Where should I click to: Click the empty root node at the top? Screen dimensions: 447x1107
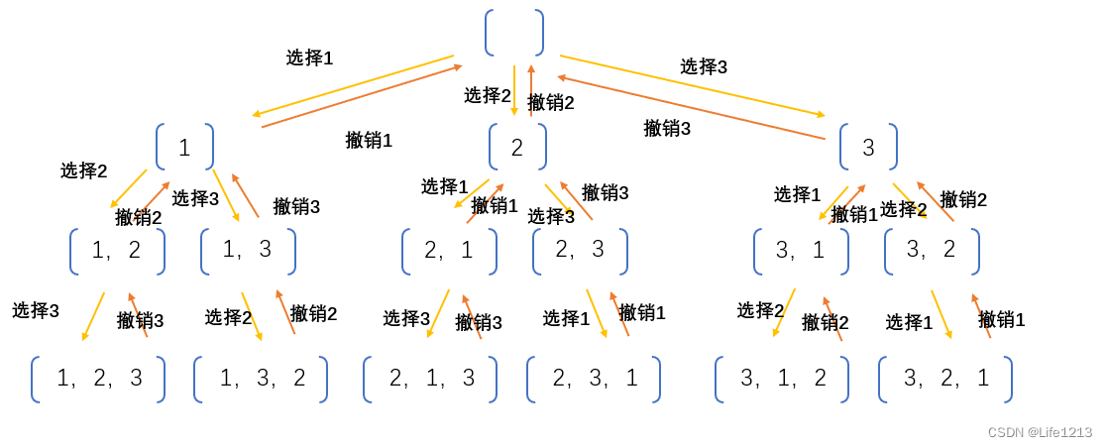pyautogui.click(x=514, y=33)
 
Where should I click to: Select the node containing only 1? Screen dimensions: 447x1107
pyautogui.click(x=184, y=147)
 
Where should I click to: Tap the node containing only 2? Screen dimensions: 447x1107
pyautogui.click(x=516, y=147)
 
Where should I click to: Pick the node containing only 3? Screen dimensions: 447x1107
pyautogui.click(x=868, y=147)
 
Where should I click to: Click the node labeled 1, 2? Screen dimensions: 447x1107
pyautogui.click(x=117, y=251)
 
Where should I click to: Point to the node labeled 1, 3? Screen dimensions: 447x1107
pyautogui.click(x=248, y=251)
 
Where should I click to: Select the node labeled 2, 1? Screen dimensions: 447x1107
pyautogui.click(x=449, y=251)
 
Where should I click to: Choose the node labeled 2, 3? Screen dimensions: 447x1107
pyautogui.click(x=580, y=251)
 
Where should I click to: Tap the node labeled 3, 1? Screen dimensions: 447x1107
pyautogui.click(x=801, y=251)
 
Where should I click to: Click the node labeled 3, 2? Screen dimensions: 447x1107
pyautogui.click(x=932, y=251)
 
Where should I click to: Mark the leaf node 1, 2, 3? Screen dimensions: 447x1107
pyautogui.click(x=98, y=379)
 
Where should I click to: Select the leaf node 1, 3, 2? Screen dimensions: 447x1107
pyautogui.click(x=261, y=379)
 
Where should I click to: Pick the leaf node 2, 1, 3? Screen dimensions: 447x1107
pyautogui.click(x=430, y=379)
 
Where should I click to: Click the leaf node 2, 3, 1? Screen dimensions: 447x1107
pyautogui.click(x=594, y=379)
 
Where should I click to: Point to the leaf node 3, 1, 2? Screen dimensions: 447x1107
pyautogui.click(x=782, y=379)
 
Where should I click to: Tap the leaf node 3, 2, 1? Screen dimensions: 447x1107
pyautogui.click(x=945, y=379)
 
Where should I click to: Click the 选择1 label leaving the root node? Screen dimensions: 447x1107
pyautogui.click(x=309, y=57)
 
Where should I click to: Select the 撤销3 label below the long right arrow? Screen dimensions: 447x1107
pyautogui.click(x=667, y=128)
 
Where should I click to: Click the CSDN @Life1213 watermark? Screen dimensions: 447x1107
pyautogui.click(x=1040, y=432)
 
